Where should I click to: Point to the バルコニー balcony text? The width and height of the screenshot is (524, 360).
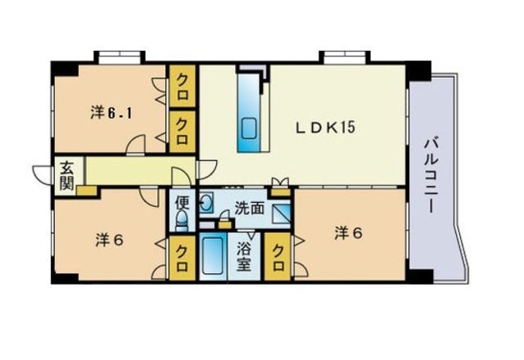click(429, 176)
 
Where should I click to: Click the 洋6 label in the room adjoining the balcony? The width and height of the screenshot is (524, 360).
click(348, 232)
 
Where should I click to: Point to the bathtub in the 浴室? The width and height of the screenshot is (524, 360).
click(217, 259)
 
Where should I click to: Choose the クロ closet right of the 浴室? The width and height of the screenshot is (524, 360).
click(281, 259)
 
